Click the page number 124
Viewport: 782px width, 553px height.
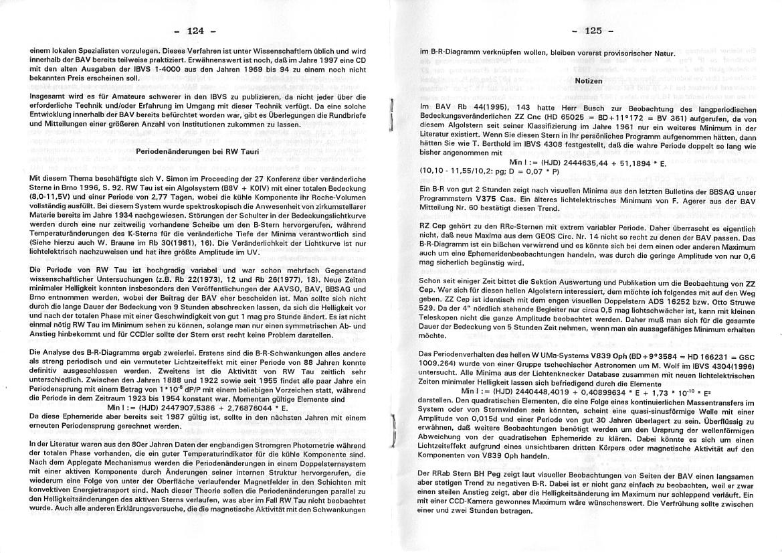click(195, 31)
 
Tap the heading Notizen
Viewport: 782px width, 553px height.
click(589, 80)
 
